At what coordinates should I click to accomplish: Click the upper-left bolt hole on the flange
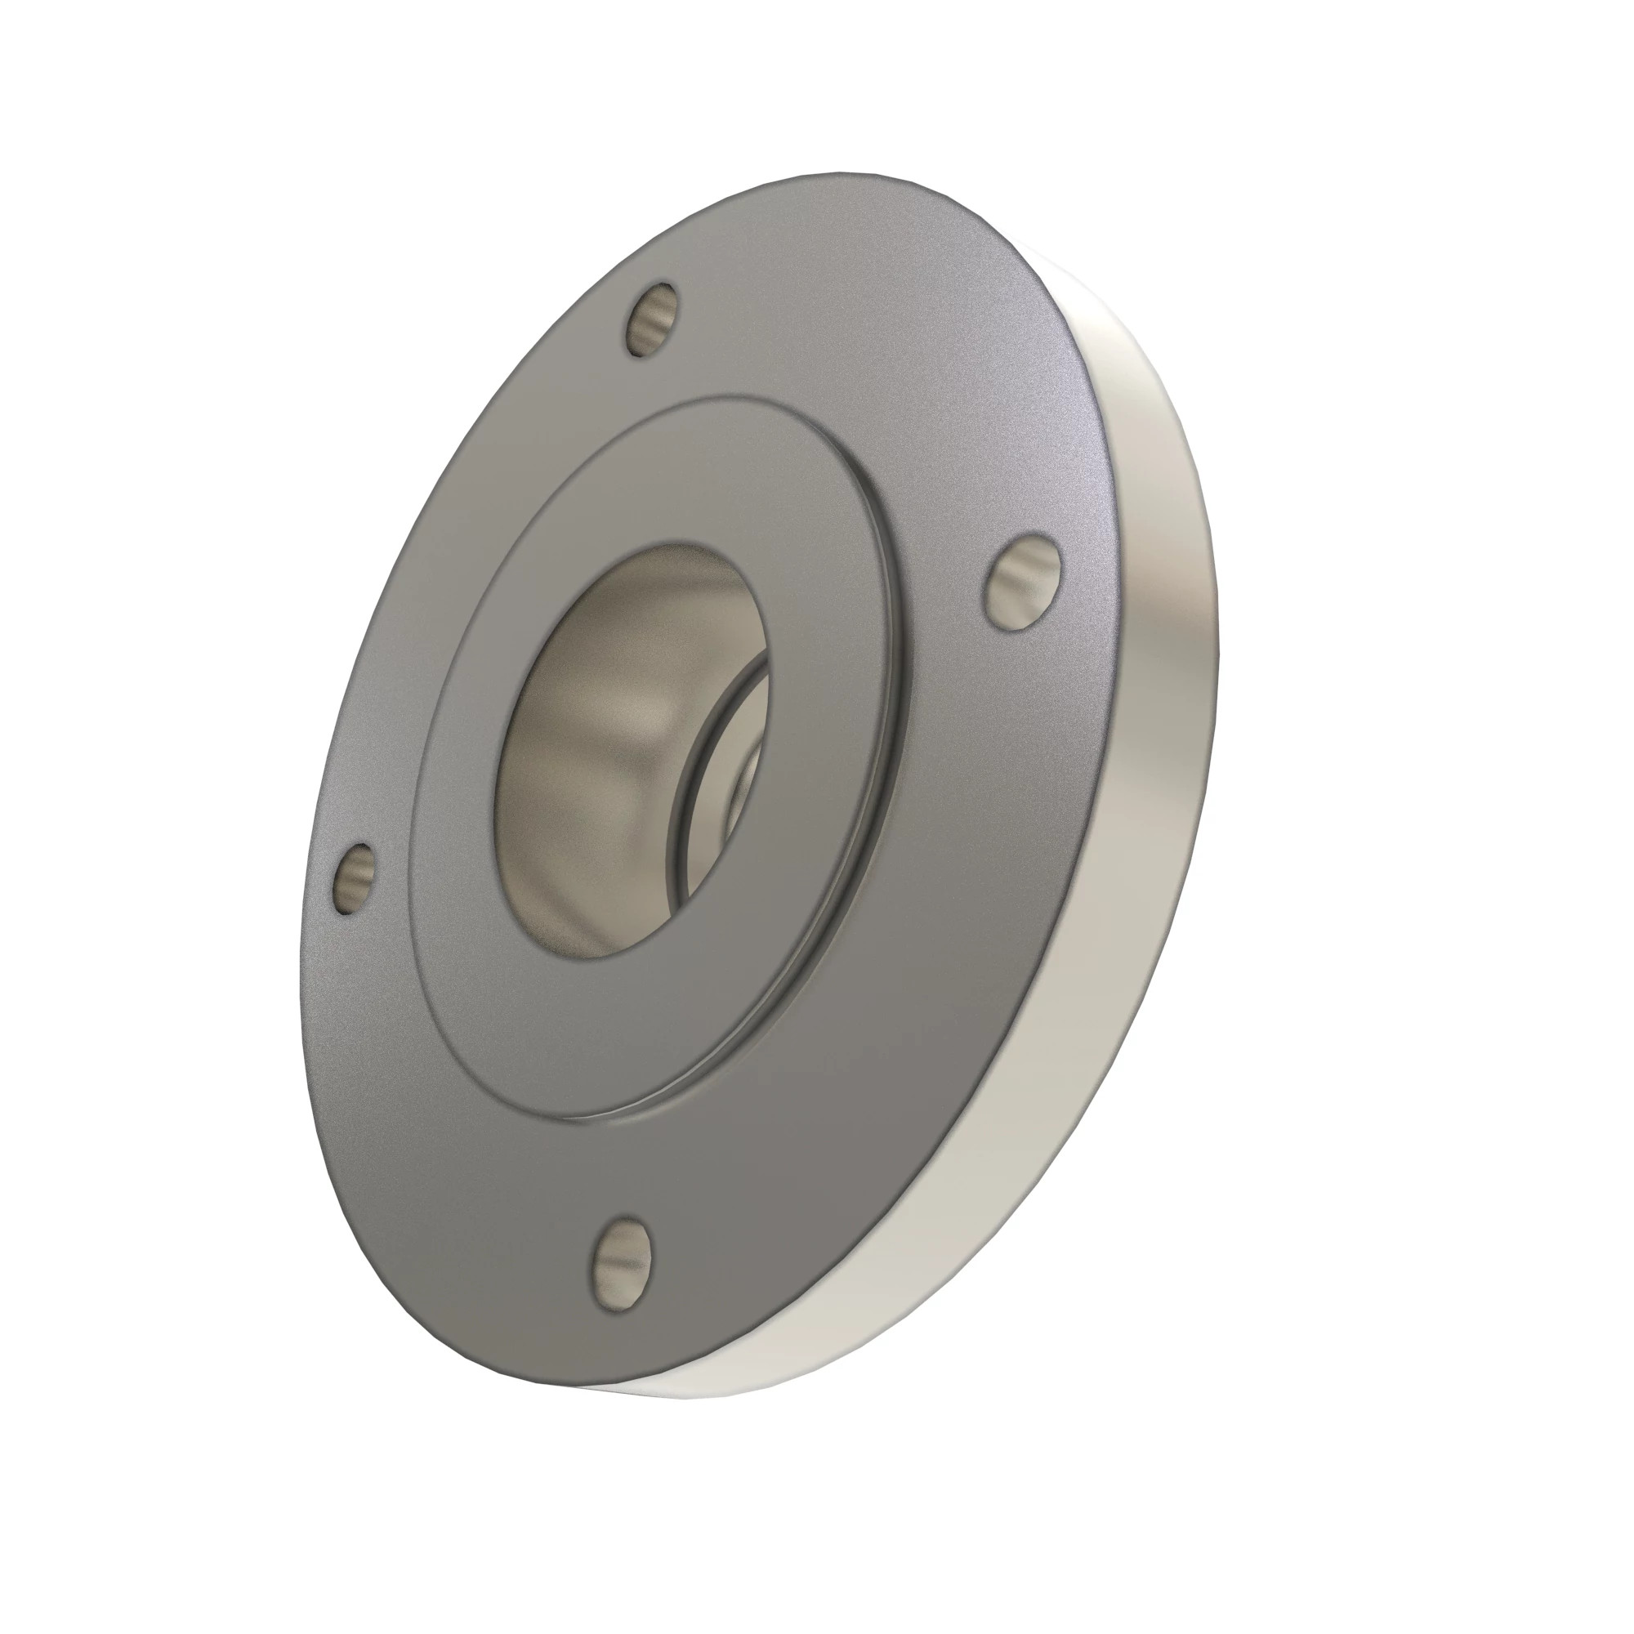tap(654, 321)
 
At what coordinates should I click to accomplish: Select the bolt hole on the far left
tap(355, 879)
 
